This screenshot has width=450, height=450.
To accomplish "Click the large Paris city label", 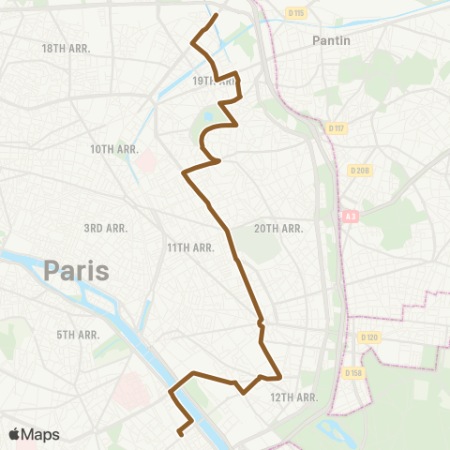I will [x=76, y=273].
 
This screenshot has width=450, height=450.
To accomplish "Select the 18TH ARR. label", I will [x=66, y=47].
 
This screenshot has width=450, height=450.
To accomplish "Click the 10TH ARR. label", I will [x=114, y=149].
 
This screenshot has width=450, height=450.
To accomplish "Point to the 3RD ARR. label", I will [x=106, y=228].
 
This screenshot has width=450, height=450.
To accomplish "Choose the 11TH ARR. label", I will [x=191, y=247].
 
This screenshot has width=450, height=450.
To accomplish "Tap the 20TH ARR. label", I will [x=278, y=229].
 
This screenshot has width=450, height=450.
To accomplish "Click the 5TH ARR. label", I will [x=78, y=335].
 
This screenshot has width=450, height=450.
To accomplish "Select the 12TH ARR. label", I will [x=295, y=397].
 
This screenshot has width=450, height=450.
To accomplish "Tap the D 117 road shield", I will [x=337, y=127].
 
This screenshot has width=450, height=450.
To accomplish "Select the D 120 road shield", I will [x=367, y=337].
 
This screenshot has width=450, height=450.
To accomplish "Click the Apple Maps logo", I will [x=33, y=434].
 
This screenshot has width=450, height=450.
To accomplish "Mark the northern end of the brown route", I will [x=217, y=15].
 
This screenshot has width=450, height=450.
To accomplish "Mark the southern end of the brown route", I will [x=179, y=434].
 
